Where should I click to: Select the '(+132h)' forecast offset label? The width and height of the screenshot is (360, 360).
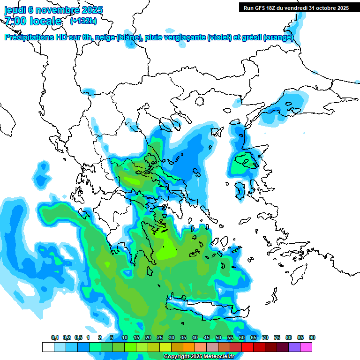[83, 21]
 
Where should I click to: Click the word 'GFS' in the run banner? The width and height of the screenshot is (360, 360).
[262, 7]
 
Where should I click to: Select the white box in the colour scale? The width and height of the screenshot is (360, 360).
[48, 347]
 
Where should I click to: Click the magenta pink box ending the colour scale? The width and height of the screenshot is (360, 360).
[306, 347]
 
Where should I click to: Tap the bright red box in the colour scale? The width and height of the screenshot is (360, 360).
[247, 347]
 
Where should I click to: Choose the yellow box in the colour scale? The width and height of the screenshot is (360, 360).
[165, 347]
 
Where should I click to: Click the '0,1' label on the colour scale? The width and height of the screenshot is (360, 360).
[55, 337]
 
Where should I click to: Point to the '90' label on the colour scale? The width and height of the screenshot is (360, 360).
[312, 337]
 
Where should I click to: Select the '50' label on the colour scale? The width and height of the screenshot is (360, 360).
[218, 337]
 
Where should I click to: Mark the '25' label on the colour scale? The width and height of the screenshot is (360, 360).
[160, 337]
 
